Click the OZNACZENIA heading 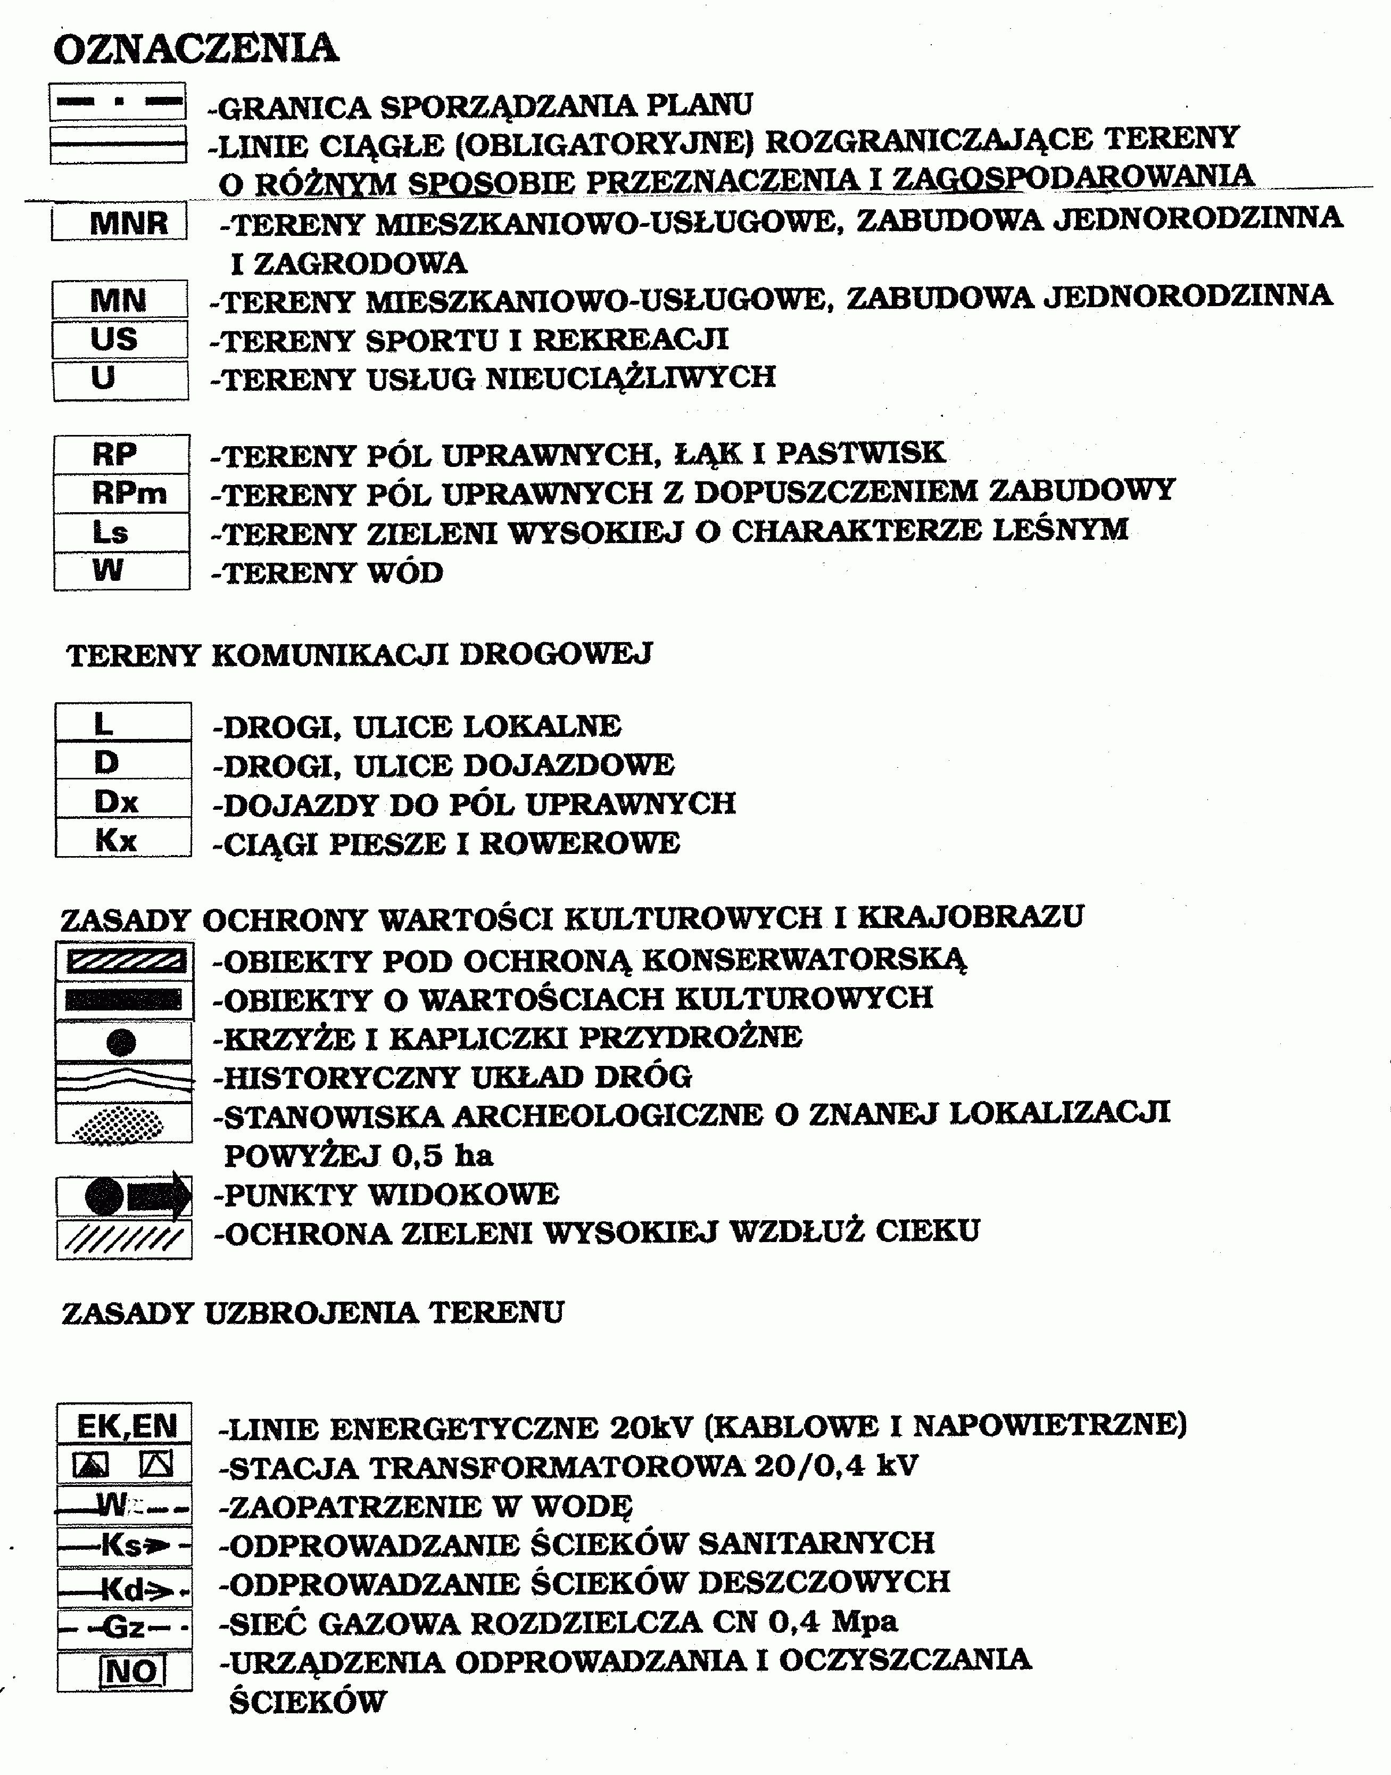[195, 49]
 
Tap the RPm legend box [122, 493]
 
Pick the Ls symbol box [122, 532]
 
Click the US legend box [120, 339]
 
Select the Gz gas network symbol [125, 1628]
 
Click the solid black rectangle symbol [124, 999]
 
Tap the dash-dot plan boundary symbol [118, 102]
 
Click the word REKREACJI [631, 340]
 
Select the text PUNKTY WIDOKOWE [391, 1195]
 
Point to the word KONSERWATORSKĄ [805, 960]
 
